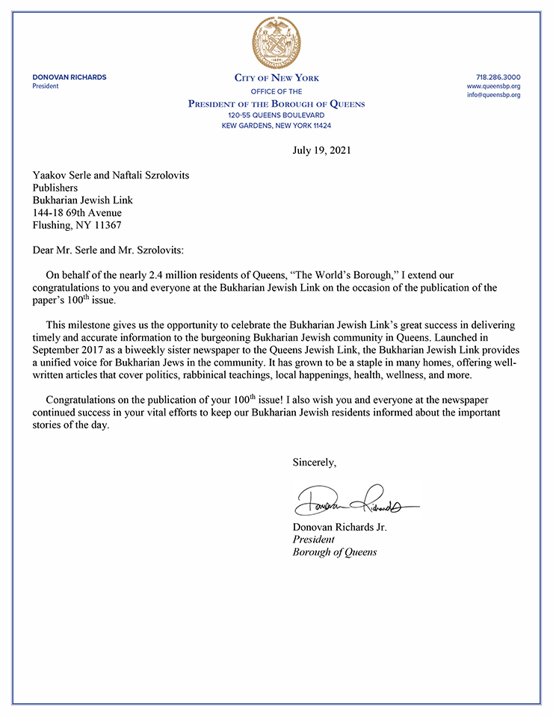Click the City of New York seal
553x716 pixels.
click(x=276, y=40)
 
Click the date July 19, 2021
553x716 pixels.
click(x=321, y=150)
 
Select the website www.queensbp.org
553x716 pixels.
click(x=493, y=87)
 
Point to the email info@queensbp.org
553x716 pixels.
click(x=493, y=96)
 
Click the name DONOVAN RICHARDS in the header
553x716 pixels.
click(x=69, y=78)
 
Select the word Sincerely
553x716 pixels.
click(x=314, y=463)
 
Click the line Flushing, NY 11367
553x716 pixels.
click(x=75, y=225)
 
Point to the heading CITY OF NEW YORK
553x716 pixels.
click(x=276, y=78)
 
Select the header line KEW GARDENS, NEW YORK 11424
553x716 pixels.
click(x=276, y=126)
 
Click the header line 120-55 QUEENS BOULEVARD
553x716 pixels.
click(x=276, y=116)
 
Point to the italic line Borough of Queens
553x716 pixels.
click(x=334, y=552)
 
